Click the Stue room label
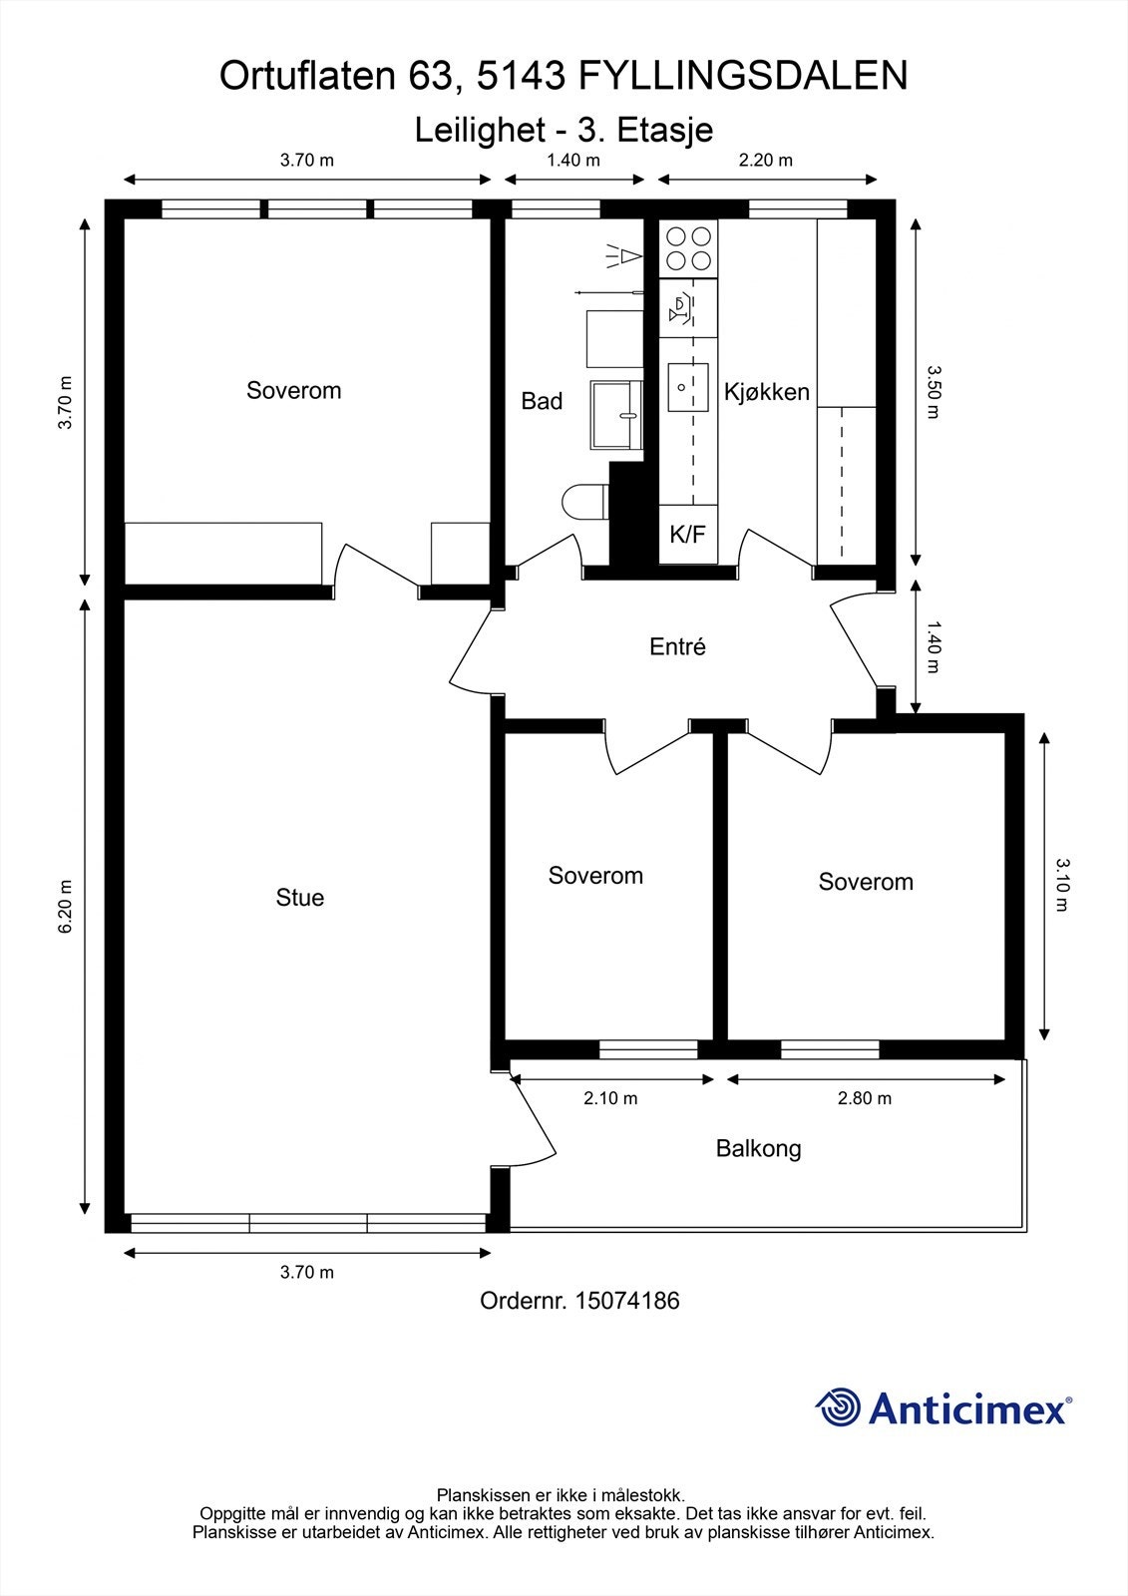point(299,898)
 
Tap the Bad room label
point(542,401)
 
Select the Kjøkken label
point(766,392)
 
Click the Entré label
point(677,646)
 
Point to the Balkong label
point(758,1148)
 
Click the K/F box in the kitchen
point(687,535)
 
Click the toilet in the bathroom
point(584,502)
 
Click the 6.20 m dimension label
point(67,906)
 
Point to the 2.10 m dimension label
point(610,1098)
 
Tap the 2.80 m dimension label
point(865,1098)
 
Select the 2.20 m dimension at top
point(766,160)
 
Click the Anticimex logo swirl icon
point(838,1407)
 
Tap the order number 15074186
point(627,1301)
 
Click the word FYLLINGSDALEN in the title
point(743,76)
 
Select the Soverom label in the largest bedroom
point(293,390)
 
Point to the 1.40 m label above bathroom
point(573,160)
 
